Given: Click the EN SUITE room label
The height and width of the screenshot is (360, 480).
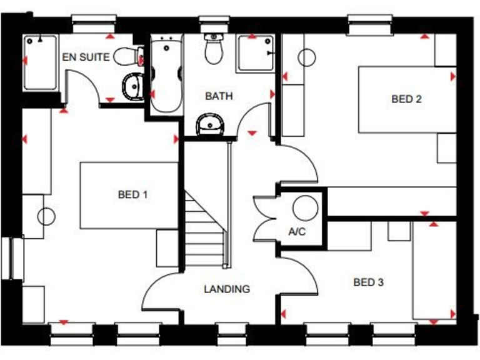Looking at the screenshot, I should click(86, 57).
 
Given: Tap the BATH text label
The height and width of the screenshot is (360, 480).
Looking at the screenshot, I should click(219, 96).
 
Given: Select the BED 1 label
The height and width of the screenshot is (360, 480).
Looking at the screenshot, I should click(132, 194).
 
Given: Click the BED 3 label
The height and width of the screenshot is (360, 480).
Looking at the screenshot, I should click(368, 282).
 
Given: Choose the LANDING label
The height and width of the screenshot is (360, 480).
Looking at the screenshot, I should click(226, 289).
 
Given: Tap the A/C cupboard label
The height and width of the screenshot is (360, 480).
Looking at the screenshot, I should click(296, 232).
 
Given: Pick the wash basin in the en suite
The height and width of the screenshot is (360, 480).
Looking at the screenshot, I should click(133, 86).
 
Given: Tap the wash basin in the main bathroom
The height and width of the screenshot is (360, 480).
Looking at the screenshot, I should click(209, 126).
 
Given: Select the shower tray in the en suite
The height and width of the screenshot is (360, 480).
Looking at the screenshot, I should click(41, 62).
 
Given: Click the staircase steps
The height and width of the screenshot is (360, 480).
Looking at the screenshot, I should click(204, 228).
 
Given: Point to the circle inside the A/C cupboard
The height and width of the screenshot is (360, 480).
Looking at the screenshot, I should click(306, 206).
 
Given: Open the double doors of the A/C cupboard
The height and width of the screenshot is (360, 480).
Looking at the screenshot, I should click(264, 217).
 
